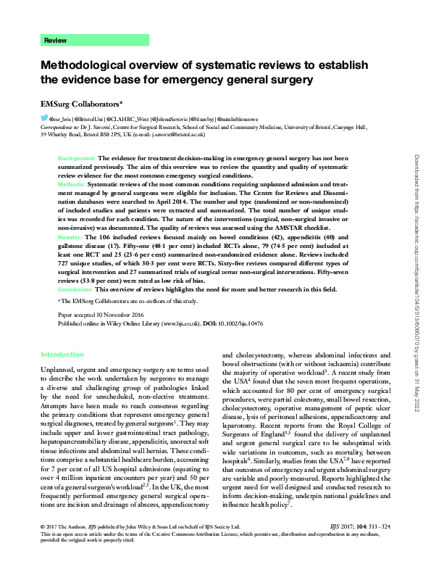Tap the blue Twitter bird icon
(45, 117)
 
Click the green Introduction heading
(62, 355)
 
